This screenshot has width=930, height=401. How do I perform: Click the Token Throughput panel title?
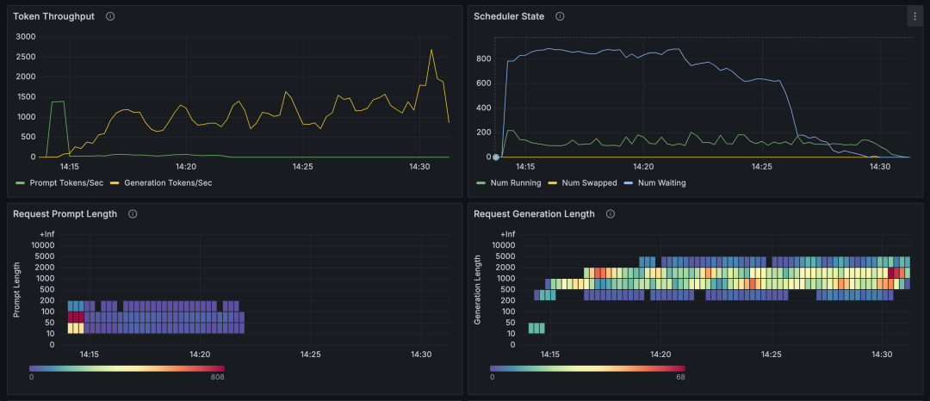(x=53, y=16)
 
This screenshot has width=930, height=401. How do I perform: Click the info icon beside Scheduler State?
(x=560, y=16)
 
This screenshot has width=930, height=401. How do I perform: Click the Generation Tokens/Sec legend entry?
(x=167, y=182)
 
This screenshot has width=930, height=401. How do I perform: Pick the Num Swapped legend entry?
(x=589, y=182)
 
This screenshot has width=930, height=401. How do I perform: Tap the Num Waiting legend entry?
(x=661, y=182)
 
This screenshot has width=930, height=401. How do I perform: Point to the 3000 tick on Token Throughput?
(x=25, y=36)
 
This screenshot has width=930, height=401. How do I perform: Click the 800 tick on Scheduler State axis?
(x=483, y=59)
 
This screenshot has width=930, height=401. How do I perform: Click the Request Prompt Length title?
(x=65, y=213)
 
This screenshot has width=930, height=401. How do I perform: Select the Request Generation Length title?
(x=534, y=213)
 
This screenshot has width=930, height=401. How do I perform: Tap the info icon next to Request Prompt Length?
(x=132, y=213)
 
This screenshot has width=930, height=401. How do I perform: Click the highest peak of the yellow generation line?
(x=431, y=50)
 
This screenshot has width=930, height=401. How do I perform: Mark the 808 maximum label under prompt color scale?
(x=218, y=376)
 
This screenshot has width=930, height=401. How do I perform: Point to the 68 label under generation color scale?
(x=680, y=376)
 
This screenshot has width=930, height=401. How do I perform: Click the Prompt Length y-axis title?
(x=16, y=289)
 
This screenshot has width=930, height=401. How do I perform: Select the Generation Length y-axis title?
(x=478, y=289)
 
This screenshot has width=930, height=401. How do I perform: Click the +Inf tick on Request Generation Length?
(x=506, y=234)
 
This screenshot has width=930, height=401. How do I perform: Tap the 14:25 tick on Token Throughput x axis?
(x=302, y=167)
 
